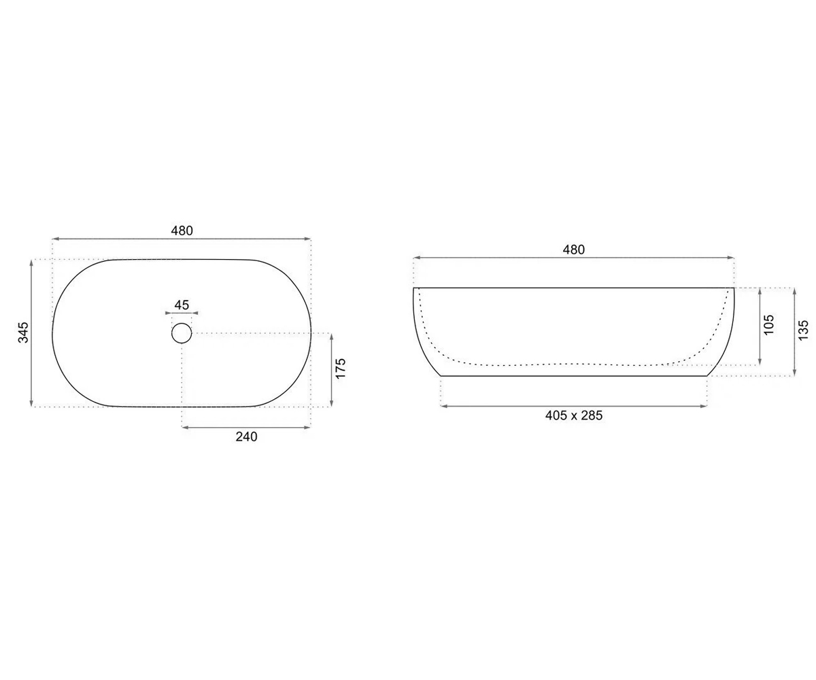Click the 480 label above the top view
click(x=182, y=231)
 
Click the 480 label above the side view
click(x=573, y=250)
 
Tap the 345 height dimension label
click(x=24, y=333)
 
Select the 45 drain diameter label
click(x=182, y=305)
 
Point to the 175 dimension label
click(x=341, y=368)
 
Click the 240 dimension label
click(x=246, y=437)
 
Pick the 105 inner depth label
click(x=768, y=324)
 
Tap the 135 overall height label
click(x=803, y=330)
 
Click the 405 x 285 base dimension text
click(x=574, y=415)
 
